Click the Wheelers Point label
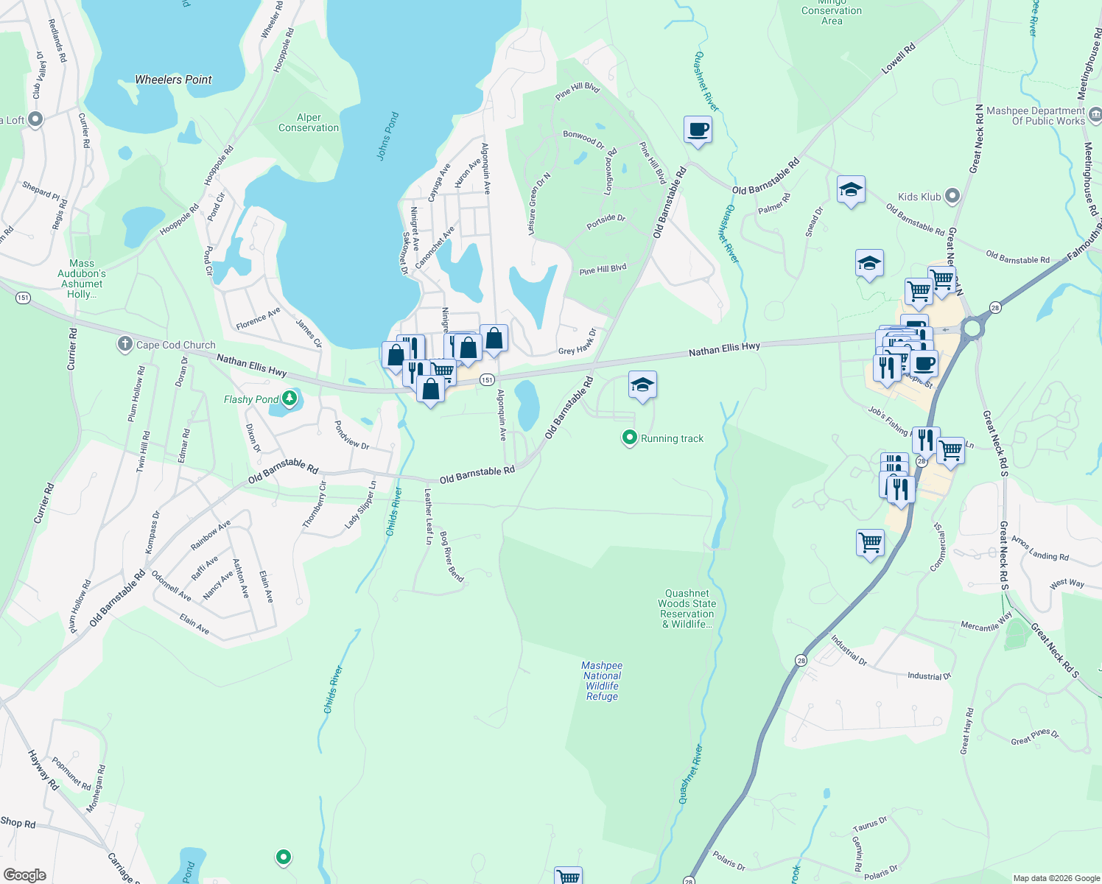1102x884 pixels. click(x=173, y=80)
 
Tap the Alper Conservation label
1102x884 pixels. click(x=309, y=122)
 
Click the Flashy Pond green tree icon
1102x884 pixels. click(x=289, y=399)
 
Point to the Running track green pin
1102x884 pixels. click(x=629, y=438)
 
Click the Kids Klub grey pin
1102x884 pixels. click(x=952, y=196)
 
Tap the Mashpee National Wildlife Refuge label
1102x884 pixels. click(x=602, y=681)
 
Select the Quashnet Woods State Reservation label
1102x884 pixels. click(x=687, y=608)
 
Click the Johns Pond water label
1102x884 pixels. click(x=387, y=136)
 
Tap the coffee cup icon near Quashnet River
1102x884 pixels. click(x=698, y=130)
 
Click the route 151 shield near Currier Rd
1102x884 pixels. click(x=23, y=298)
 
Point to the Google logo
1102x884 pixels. click(x=25, y=874)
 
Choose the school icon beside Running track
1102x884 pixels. click(x=642, y=385)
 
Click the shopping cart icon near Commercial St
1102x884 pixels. click(x=870, y=543)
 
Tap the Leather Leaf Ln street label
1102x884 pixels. click(x=429, y=516)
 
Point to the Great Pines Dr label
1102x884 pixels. click(x=1035, y=737)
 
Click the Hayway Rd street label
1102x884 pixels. click(x=43, y=769)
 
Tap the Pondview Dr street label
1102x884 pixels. click(x=351, y=435)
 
